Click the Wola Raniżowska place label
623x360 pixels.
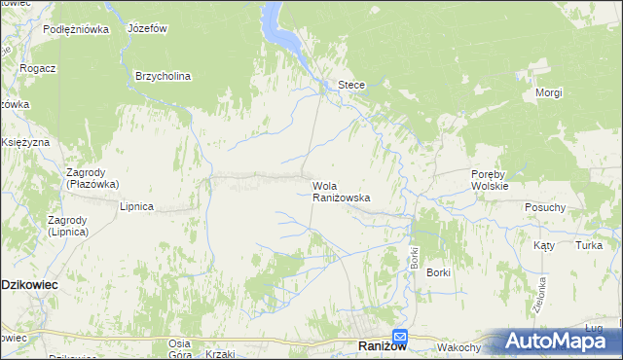(341, 191)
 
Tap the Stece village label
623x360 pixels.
(350, 85)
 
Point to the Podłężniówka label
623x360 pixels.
(76, 29)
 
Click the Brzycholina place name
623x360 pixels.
(163, 76)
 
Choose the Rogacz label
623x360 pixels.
(36, 68)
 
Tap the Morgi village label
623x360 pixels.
(549, 93)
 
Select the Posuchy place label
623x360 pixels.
(545, 207)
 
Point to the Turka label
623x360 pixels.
(588, 245)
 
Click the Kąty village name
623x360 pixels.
(543, 245)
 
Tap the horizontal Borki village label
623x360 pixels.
(438, 272)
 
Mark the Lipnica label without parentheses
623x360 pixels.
(136, 206)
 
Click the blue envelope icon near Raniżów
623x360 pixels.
(400, 338)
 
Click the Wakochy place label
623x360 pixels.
(459, 347)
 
